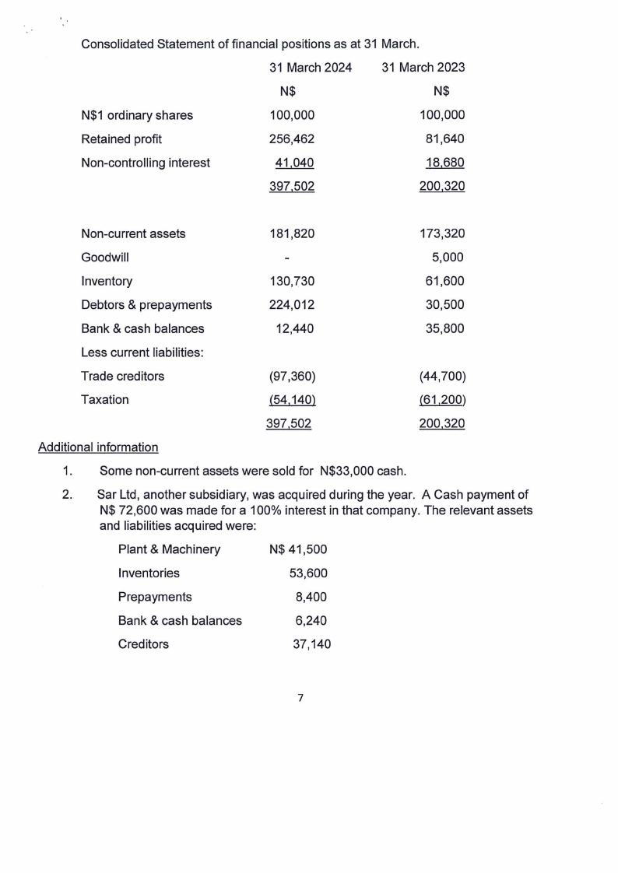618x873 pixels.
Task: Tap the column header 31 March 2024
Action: coord(311,68)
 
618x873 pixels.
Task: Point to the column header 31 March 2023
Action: coord(423,68)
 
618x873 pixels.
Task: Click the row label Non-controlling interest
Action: coord(146,163)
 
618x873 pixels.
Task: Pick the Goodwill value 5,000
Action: coord(448,258)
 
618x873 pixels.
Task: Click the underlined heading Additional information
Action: coord(98,447)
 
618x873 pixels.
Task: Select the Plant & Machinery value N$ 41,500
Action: coord(298,549)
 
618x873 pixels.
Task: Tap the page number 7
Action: coord(300,698)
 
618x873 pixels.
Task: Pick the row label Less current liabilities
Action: coord(142,352)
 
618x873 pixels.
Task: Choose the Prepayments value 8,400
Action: coord(311,597)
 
